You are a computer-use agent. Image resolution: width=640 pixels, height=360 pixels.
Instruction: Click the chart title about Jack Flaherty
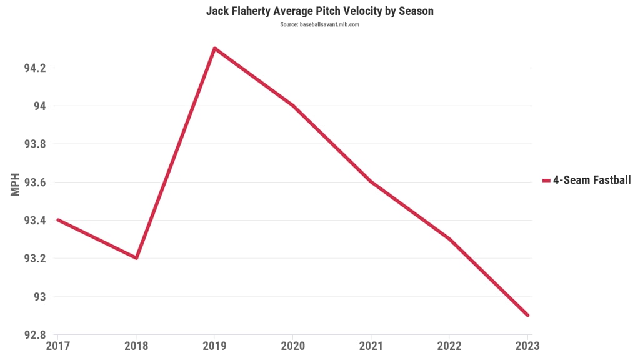pyautogui.click(x=320, y=12)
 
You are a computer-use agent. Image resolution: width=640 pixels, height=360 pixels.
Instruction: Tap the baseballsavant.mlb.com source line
pyautogui.click(x=320, y=24)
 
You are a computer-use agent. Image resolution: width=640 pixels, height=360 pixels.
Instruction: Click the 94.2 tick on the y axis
pyautogui.click(x=35, y=67)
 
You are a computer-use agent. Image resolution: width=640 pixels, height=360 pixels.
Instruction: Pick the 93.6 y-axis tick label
pyautogui.click(x=35, y=182)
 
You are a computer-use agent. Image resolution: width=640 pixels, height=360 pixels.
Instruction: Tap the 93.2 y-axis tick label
pyautogui.click(x=35, y=258)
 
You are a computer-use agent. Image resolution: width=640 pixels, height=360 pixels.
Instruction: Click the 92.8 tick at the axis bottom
pyautogui.click(x=35, y=335)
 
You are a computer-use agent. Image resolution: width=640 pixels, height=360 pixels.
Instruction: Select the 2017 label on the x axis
pyautogui.click(x=57, y=345)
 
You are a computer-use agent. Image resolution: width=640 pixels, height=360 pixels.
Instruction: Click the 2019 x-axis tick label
pyautogui.click(x=214, y=345)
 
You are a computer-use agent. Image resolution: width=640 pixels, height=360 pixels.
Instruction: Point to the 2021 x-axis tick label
pyautogui.click(x=371, y=345)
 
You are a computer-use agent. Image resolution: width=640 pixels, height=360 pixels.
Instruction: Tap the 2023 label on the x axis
pyautogui.click(x=527, y=345)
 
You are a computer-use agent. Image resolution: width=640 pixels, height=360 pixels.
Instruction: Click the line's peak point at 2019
pyautogui.click(x=214, y=48)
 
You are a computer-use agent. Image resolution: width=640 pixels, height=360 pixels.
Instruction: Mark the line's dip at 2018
pyautogui.click(x=136, y=258)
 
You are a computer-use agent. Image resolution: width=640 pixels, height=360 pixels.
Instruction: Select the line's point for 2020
pyautogui.click(x=292, y=106)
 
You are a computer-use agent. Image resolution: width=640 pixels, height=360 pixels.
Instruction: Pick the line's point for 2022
pyautogui.click(x=449, y=239)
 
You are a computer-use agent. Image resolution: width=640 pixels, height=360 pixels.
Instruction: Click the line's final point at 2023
pyautogui.click(x=527, y=315)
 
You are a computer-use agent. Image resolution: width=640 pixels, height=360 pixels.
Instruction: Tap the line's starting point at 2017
pyautogui.click(x=58, y=220)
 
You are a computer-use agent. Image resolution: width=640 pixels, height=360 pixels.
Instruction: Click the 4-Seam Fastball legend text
pyautogui.click(x=592, y=181)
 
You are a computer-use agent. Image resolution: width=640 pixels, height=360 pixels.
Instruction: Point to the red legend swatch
pyautogui.click(x=546, y=181)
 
